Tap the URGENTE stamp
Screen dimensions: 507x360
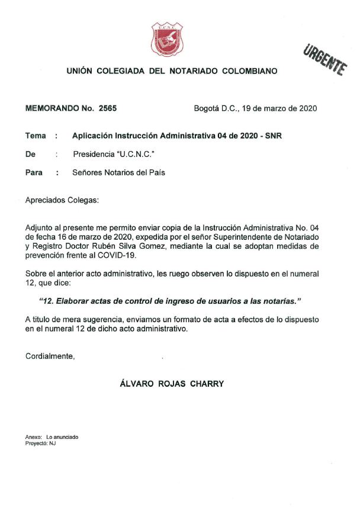324,60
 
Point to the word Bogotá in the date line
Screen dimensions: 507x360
207,108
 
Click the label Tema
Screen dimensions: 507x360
36,136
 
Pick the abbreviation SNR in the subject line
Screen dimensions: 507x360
274,136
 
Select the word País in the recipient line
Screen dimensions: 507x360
156,173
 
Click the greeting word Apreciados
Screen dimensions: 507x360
45,200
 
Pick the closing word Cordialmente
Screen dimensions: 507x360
50,356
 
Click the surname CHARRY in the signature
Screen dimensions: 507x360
206,384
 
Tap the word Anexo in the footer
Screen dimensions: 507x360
33,437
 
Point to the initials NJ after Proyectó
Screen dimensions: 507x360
52,443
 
